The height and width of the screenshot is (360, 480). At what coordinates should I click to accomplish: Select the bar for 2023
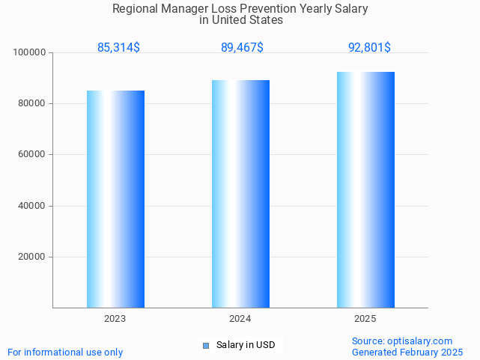point(115,199)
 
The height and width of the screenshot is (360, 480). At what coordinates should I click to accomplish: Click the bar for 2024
point(240,194)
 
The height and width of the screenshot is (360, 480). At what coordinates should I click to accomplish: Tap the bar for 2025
point(365,189)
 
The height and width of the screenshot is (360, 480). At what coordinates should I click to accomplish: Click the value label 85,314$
point(118,48)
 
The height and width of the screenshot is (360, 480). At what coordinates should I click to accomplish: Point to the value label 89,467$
point(242,48)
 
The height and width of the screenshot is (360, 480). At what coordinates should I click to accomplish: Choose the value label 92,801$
point(369,48)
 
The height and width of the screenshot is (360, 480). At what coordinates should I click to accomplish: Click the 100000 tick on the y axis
point(30,52)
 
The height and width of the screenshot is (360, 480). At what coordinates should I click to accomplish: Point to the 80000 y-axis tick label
point(32,103)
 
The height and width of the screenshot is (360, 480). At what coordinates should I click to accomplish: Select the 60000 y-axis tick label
point(32,155)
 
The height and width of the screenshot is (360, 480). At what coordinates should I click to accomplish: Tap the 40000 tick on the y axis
point(32,206)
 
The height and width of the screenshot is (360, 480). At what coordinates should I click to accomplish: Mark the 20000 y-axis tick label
point(32,257)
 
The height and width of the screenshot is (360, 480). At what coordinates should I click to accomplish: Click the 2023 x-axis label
point(115,319)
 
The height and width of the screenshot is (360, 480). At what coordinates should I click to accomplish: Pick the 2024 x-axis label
point(240,319)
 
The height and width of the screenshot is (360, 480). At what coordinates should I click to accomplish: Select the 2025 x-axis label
point(365,319)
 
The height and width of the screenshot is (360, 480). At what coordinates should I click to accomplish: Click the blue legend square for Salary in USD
point(205,345)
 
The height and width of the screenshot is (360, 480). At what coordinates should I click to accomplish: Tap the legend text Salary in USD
point(246,345)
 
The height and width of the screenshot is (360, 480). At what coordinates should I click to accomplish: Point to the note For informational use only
point(65,352)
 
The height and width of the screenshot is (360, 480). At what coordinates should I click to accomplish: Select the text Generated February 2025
point(407,352)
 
